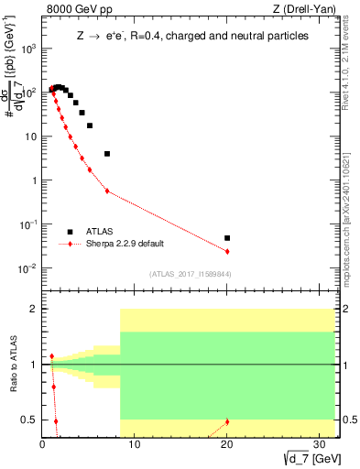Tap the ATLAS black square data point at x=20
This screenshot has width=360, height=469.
(227, 238)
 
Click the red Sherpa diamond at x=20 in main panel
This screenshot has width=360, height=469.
(227, 251)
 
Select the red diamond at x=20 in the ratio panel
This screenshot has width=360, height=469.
(227, 421)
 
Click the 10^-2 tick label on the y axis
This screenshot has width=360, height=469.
(27, 268)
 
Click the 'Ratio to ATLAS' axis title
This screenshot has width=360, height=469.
(11, 365)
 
